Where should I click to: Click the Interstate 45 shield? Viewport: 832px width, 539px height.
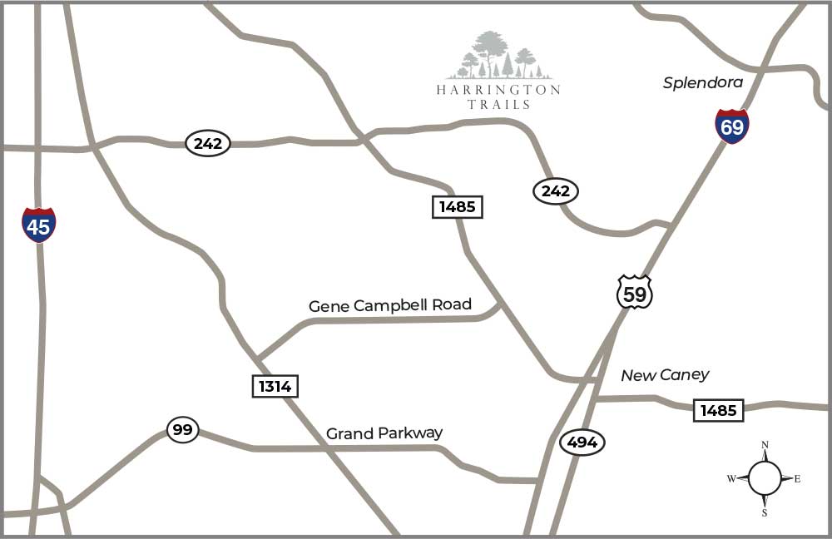tap(39, 225)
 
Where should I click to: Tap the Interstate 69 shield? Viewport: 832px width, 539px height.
tap(732, 126)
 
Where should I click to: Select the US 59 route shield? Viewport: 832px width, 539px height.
tap(634, 292)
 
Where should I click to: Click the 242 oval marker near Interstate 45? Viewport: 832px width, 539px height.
tap(207, 143)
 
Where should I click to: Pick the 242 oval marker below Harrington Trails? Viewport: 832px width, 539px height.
tap(555, 191)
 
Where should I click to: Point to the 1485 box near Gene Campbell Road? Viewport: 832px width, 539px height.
tap(458, 206)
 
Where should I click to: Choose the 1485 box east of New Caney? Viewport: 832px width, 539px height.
tap(718, 410)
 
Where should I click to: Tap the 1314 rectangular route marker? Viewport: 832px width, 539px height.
tap(275, 386)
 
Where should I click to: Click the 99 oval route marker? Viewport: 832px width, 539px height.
tap(183, 430)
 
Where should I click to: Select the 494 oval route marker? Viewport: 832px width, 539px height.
tap(582, 443)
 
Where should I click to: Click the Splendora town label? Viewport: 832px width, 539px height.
tap(703, 82)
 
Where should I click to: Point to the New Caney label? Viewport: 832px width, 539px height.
tap(665, 375)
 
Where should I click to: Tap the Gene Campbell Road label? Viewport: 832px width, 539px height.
tap(390, 305)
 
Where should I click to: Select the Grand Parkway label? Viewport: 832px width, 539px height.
tap(384, 433)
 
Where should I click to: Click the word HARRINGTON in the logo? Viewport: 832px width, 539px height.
tap(498, 90)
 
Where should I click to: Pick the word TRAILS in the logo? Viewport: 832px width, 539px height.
tap(498, 105)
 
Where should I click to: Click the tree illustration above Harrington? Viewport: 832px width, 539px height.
tap(498, 56)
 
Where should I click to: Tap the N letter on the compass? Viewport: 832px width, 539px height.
tap(765, 445)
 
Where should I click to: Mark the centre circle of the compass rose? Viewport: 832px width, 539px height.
tap(765, 478)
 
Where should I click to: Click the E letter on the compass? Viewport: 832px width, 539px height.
tap(797, 478)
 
